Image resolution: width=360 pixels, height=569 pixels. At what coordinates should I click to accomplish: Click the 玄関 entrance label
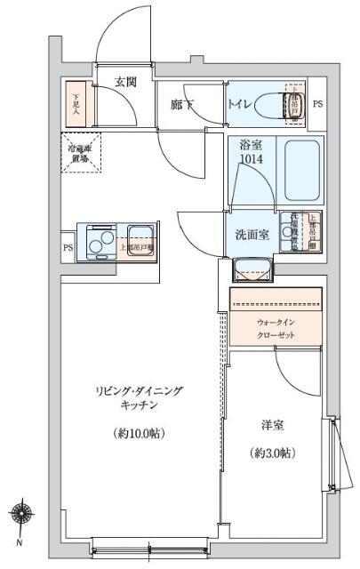pos(125,82)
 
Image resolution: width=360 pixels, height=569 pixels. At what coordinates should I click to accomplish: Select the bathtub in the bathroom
pos(301,171)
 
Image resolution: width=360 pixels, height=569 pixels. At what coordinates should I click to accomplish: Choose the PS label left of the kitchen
pos(68,248)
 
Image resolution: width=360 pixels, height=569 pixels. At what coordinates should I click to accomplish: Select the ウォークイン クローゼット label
pos(276,329)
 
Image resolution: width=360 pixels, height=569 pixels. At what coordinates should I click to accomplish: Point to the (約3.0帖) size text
pos(271,453)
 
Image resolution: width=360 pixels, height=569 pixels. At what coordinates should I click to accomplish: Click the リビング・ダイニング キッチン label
pos(135,397)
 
